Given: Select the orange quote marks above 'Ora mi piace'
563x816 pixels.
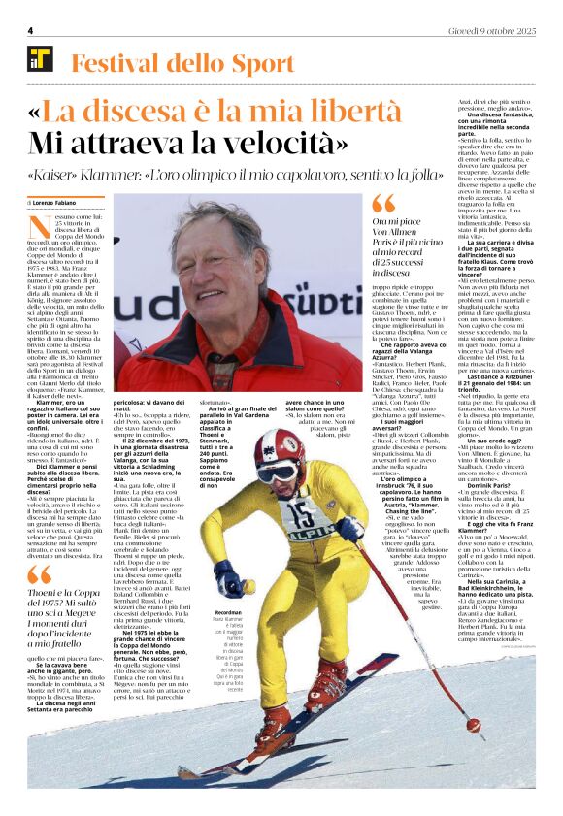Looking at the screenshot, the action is (x=384, y=203).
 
